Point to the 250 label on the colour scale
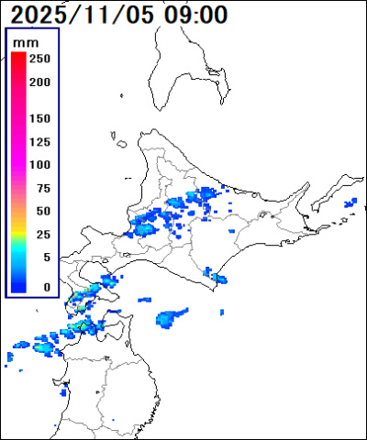(39, 59)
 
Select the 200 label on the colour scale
(39, 82)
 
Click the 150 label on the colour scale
(39, 119)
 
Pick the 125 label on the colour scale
(39, 142)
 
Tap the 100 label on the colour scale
(39, 165)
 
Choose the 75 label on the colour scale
(41, 189)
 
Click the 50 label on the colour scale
(41, 212)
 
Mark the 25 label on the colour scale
(41, 235)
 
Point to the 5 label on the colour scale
(45, 258)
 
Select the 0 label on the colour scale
(45, 287)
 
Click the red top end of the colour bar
(17, 58)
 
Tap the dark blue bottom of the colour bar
(17, 286)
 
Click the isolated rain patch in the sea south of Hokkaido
(170, 318)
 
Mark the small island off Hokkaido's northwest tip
(120, 141)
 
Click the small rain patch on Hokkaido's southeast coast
(217, 277)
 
